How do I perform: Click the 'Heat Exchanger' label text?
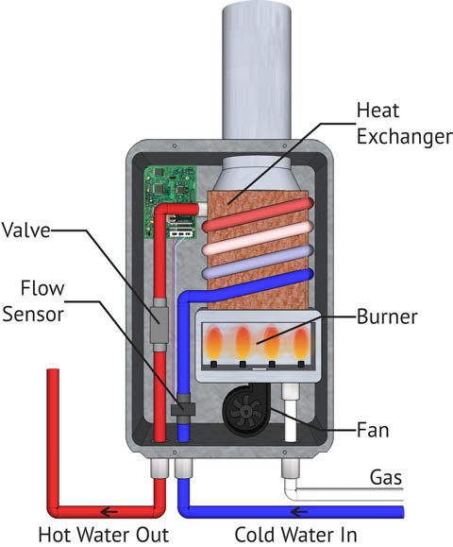(x=404, y=124)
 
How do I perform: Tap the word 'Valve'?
(x=26, y=231)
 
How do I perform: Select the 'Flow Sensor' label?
(x=34, y=301)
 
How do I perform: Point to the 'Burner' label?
(x=387, y=317)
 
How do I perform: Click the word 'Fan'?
(x=373, y=430)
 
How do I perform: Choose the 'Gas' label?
(x=386, y=477)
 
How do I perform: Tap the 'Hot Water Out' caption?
(x=104, y=535)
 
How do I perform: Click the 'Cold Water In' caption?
(x=295, y=535)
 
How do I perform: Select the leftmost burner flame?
(x=213, y=343)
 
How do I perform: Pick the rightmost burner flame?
(x=301, y=343)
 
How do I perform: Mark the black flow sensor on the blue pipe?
(x=183, y=408)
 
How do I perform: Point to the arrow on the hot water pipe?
(x=109, y=512)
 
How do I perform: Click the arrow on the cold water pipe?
(x=299, y=512)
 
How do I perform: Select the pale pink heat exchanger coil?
(x=257, y=239)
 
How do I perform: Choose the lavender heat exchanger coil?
(x=257, y=262)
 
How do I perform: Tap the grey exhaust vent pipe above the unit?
(x=257, y=70)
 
